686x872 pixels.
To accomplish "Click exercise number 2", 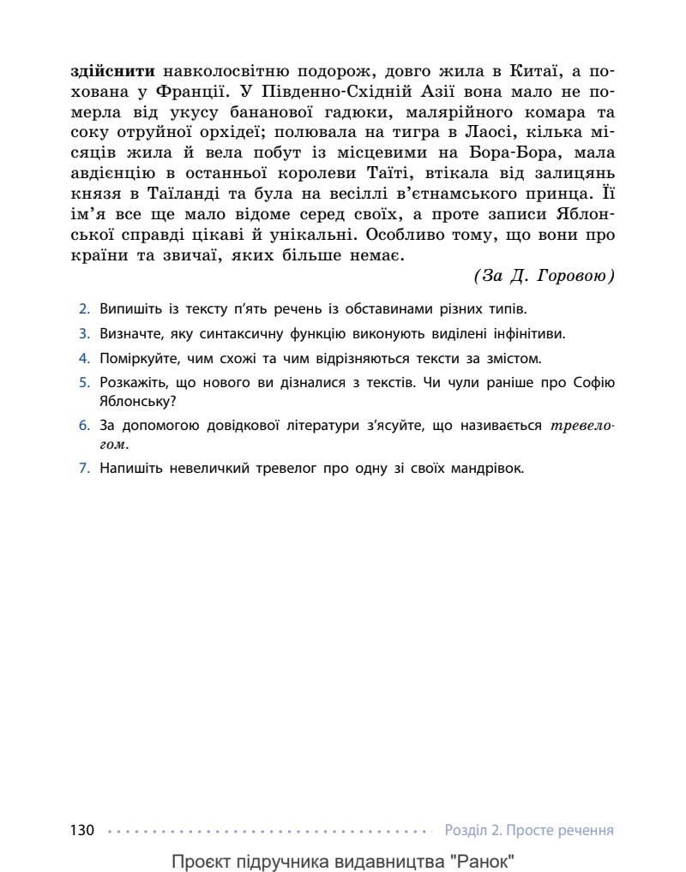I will tap(84, 308).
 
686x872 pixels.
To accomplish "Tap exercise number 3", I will tap(84, 333).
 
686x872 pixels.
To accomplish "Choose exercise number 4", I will tap(84, 358).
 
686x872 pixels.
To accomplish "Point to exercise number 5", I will tap(84, 383).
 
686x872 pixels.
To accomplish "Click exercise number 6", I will tap(84, 425).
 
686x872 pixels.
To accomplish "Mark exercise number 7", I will tap(84, 468).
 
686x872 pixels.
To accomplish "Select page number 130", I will tap(81, 830).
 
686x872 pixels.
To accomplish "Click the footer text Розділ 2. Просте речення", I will tap(529, 830).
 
